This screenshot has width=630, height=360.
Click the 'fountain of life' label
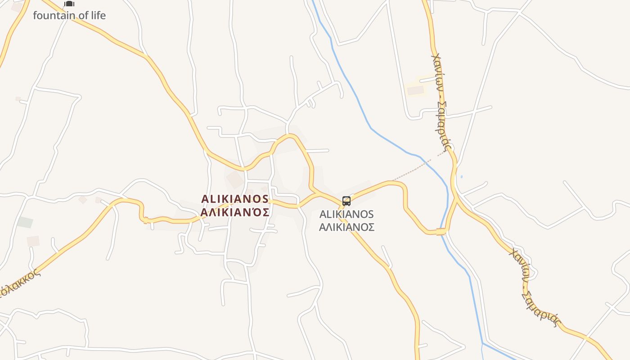(x=69, y=15)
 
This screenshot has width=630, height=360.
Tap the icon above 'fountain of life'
(x=69, y=4)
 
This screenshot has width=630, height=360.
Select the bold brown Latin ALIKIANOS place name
(x=235, y=199)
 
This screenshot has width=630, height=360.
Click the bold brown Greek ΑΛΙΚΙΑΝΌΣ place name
(x=235, y=212)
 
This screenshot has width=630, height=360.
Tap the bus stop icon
(x=346, y=201)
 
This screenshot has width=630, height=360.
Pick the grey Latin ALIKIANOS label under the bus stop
(x=346, y=214)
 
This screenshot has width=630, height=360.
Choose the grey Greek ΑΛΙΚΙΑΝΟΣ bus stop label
(x=346, y=227)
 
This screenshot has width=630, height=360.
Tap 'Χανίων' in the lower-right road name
(x=518, y=265)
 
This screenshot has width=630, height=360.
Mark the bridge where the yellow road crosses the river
(x=441, y=232)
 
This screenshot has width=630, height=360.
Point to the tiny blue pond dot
(x=462, y=176)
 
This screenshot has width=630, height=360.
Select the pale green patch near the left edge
(x=25, y=222)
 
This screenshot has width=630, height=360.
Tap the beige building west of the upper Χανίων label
(x=415, y=90)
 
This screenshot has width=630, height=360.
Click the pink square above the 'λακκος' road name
(x=33, y=241)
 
